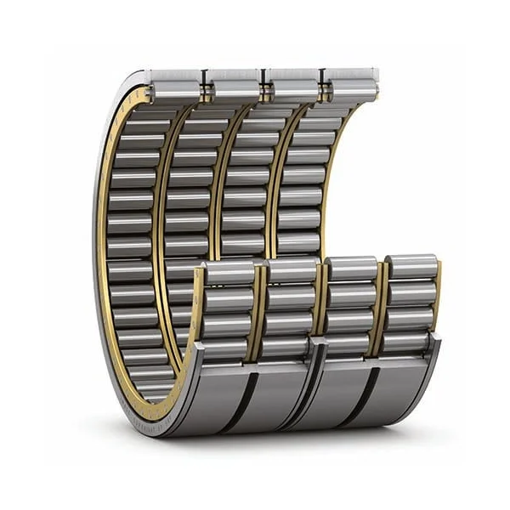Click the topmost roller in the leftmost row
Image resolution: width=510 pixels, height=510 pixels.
pyautogui.click(x=175, y=82)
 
